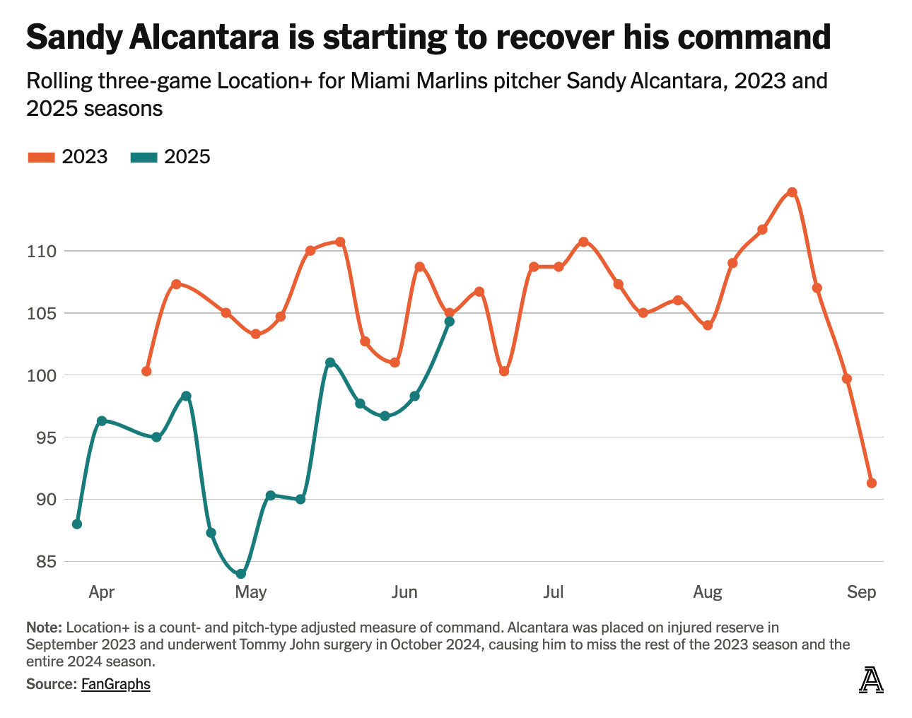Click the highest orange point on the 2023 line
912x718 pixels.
tap(792, 192)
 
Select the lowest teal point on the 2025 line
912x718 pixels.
tap(240, 574)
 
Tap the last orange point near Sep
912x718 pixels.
tap(871, 483)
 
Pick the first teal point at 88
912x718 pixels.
tap(77, 524)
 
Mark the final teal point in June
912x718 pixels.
tap(449, 322)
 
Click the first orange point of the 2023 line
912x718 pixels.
tap(146, 371)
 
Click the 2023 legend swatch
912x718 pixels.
tap(41, 157)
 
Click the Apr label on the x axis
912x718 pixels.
tap(101, 592)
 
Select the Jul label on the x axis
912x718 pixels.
tap(553, 592)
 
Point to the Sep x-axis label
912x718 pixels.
tap(861, 592)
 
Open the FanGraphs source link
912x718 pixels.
tap(116, 684)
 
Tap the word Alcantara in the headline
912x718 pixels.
tap(201, 37)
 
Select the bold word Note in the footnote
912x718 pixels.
tap(43, 628)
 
